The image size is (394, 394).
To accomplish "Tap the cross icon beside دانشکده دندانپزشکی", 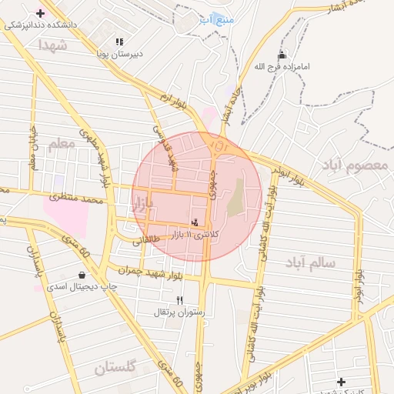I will click(40, 13).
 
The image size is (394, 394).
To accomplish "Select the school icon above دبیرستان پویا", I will click(119, 42).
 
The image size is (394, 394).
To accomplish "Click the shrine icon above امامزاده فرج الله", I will click(282, 55).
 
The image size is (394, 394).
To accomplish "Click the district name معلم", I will click(62, 144).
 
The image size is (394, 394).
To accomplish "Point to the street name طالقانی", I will click(147, 240).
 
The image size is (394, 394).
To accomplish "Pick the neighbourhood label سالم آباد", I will click(312, 263).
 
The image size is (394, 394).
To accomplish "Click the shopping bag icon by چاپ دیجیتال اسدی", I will click(82, 275).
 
